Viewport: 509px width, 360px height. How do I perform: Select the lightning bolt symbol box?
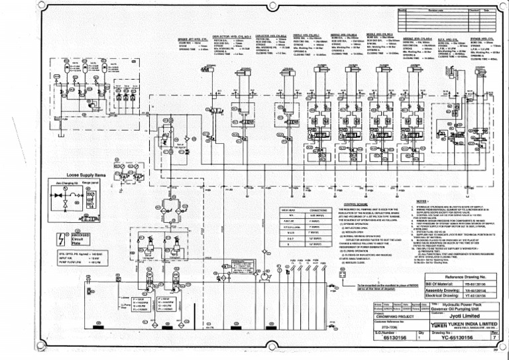click(x=61, y=238)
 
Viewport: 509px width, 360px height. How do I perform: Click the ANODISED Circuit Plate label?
click(x=81, y=238)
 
